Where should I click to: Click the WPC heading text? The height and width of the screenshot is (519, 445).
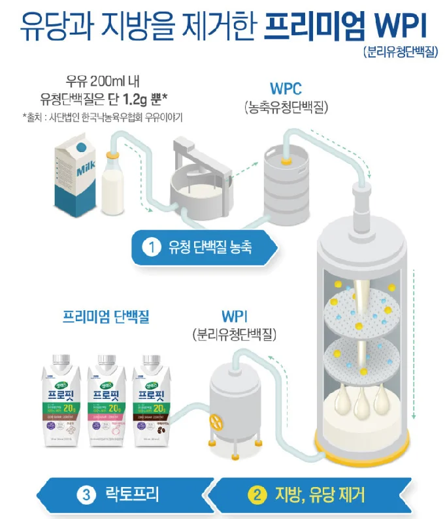tap(286, 88)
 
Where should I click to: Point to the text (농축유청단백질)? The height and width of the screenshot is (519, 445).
tap(286, 105)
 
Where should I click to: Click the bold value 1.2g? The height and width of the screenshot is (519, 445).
tap(135, 99)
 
